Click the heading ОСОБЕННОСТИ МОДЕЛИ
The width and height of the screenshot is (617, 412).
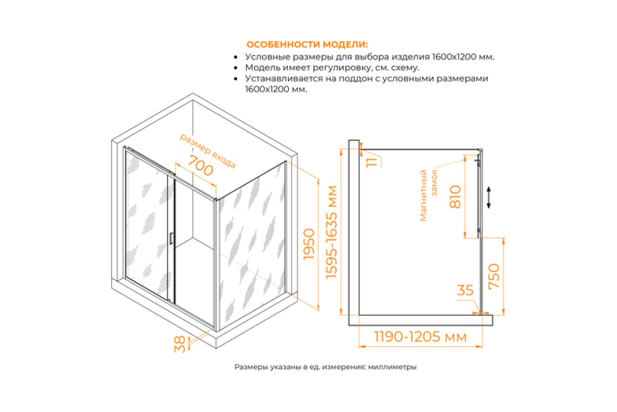click(x=307, y=44)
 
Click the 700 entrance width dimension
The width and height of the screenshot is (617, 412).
click(x=201, y=166)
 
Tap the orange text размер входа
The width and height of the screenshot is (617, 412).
click(x=208, y=151)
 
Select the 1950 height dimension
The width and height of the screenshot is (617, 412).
click(x=309, y=244)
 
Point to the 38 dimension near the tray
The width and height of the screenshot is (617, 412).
click(x=180, y=345)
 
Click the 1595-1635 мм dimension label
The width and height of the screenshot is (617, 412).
click(x=331, y=232)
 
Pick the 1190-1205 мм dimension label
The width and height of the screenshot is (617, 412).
click(x=421, y=337)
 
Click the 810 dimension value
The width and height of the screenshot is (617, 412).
click(x=455, y=197)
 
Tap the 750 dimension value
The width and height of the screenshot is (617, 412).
click(x=494, y=277)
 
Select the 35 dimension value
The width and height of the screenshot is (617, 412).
click(x=465, y=290)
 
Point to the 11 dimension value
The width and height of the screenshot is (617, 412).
click(x=372, y=163)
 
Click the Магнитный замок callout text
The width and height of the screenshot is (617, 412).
click(x=428, y=195)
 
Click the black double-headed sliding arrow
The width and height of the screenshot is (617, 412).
click(x=488, y=197)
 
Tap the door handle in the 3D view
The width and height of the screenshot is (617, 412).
click(x=171, y=238)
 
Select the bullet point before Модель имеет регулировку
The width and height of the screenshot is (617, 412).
click(x=235, y=68)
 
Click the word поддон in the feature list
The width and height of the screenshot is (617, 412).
click(x=356, y=79)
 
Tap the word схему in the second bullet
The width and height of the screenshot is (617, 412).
click(x=405, y=67)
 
